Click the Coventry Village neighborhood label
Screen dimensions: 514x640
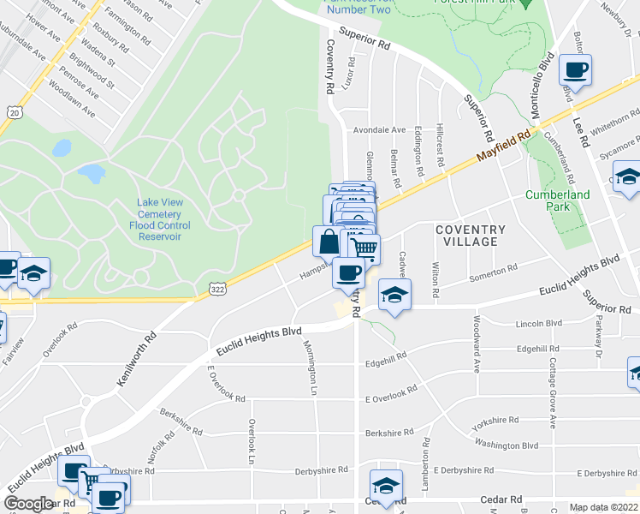(471, 236)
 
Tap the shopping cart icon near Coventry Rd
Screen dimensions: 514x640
(365, 248)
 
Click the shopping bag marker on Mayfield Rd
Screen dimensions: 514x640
(329, 242)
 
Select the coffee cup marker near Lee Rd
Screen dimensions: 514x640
(576, 71)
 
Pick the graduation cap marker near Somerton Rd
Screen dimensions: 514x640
(394, 295)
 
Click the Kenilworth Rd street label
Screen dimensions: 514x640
(136, 359)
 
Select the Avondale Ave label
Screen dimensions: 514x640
(379, 130)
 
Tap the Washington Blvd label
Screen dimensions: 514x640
(507, 445)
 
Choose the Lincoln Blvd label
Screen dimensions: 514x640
(539, 324)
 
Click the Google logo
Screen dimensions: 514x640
(29, 504)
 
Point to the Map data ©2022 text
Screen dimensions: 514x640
(603, 507)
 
